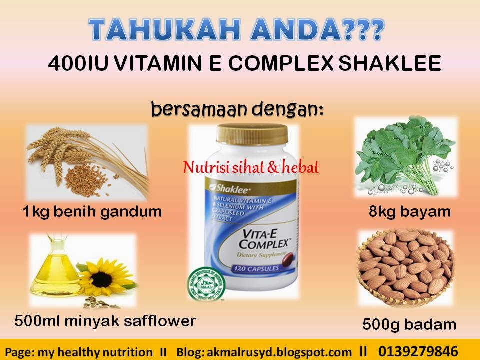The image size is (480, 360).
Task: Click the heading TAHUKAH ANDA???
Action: pos(238,31)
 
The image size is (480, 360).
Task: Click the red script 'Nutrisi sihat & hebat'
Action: pos(251,168)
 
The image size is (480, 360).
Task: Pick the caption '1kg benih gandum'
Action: pos(92,212)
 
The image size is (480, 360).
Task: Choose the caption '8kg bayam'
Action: pos(410,212)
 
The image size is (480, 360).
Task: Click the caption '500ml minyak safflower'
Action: pos(105,321)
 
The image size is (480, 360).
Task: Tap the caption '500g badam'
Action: pos(409,325)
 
